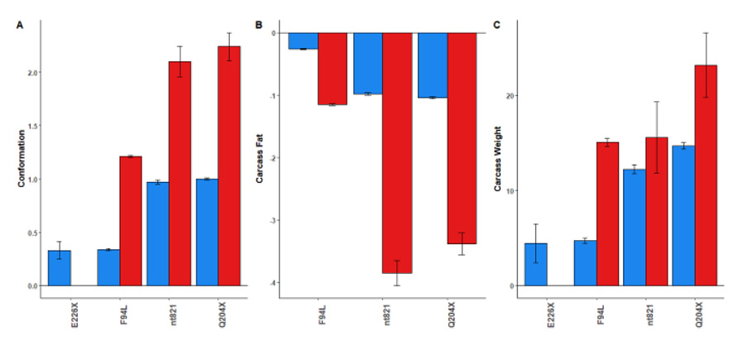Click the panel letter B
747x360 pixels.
(x=259, y=26)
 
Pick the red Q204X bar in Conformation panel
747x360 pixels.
(x=228, y=166)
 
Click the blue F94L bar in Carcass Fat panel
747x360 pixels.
(x=303, y=41)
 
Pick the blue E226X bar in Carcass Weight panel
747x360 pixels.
(x=535, y=264)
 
